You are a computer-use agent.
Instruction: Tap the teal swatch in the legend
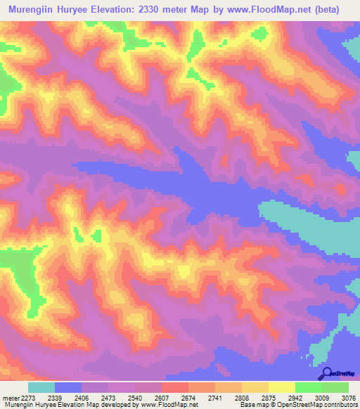pyautogui.click(x=41, y=387)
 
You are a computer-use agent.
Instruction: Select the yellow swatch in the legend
pyautogui.click(x=281, y=387)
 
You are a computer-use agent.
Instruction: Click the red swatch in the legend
pyautogui.click(x=174, y=387)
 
